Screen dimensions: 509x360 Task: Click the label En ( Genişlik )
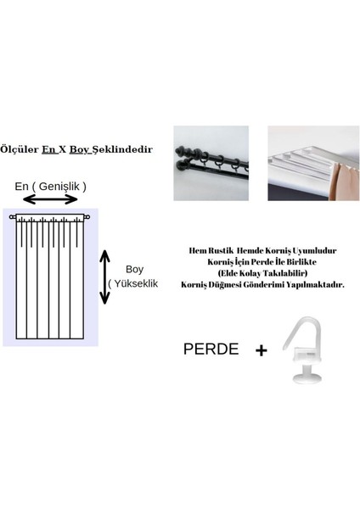tap(51, 186)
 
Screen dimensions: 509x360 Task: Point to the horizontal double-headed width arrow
tap(51, 199)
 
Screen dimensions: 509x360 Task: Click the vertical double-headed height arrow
tap(105, 277)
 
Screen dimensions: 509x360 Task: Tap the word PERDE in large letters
tap(210, 349)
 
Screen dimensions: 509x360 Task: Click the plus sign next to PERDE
tap(261, 349)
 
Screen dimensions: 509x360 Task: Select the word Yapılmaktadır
tap(317, 285)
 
